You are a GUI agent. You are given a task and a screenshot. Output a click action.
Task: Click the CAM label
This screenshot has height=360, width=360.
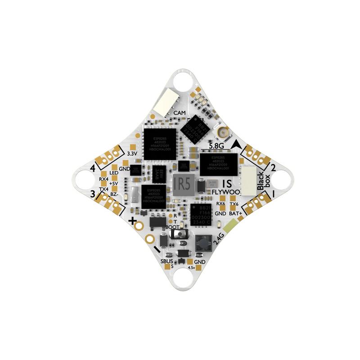tap(180, 113)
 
